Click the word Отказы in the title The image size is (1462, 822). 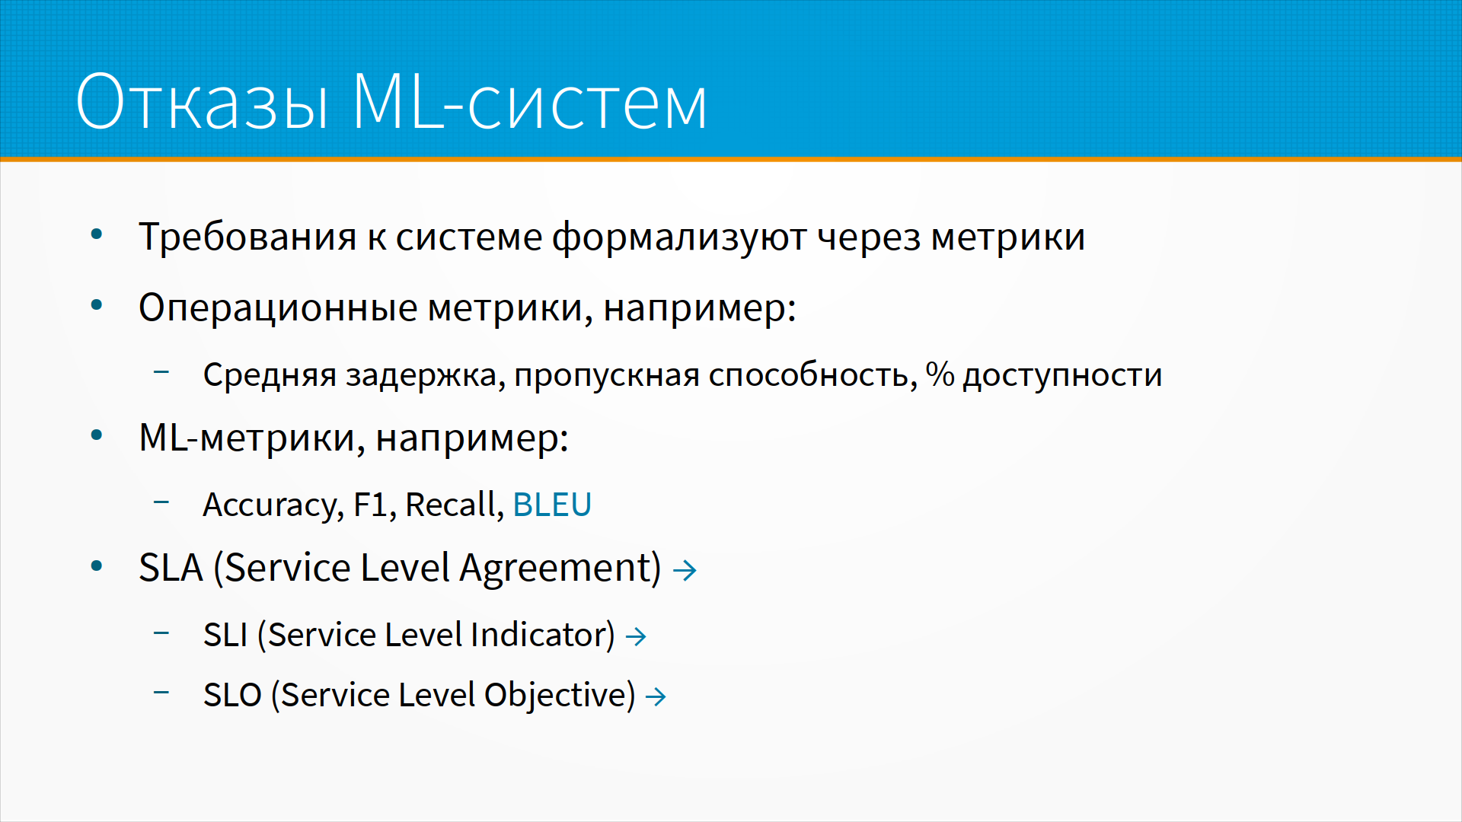[203, 101]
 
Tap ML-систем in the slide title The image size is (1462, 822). [530, 101]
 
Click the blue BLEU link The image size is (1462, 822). [552, 505]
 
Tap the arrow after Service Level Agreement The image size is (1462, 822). [685, 570]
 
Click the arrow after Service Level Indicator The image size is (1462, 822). [636, 636]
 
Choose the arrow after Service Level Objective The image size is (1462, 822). [656, 696]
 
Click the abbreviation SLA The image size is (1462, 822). [171, 568]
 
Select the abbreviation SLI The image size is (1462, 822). [225, 635]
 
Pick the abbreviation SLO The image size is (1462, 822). [232, 695]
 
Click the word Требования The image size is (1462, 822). [247, 237]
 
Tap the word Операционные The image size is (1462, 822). [278, 309]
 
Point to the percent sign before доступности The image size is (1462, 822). [940, 374]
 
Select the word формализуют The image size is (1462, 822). [679, 237]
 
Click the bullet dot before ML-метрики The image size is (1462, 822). [97, 435]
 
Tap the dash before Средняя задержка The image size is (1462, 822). [161, 372]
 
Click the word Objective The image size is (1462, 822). [560, 696]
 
